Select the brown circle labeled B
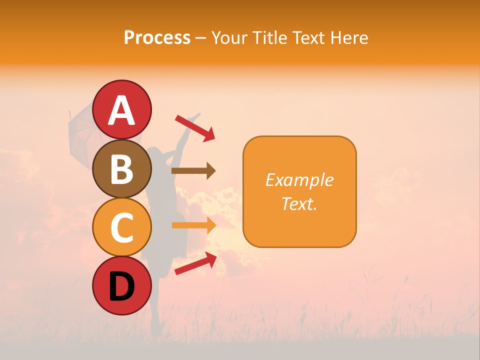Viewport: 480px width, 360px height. point(122,168)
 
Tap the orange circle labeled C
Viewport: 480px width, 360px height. point(122,227)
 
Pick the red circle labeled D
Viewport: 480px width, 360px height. point(122,286)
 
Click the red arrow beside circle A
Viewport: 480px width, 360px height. point(195,127)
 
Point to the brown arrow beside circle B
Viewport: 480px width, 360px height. point(193,171)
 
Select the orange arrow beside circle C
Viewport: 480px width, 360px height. point(193,225)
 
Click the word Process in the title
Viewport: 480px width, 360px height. point(157,37)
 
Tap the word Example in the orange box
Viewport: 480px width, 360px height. point(299,180)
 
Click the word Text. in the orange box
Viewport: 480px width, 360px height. point(299,203)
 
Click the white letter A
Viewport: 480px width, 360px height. point(122,110)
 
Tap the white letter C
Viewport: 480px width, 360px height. point(122,228)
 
